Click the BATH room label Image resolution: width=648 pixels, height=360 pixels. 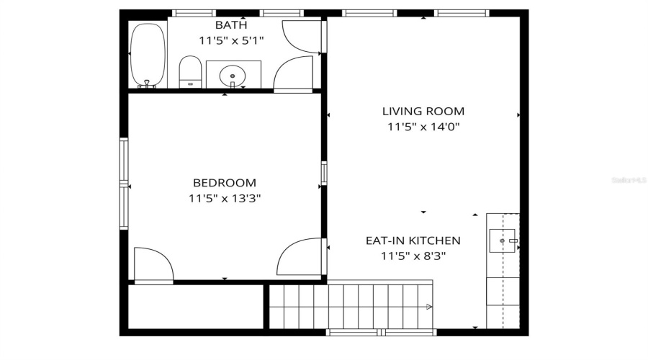click(231, 25)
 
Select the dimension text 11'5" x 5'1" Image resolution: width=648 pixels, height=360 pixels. click(231, 40)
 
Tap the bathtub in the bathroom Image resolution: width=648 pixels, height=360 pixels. click(147, 56)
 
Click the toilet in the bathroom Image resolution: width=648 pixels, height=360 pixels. click(189, 72)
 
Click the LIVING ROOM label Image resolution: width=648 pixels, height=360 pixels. click(423, 112)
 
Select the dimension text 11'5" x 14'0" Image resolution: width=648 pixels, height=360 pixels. click(423, 127)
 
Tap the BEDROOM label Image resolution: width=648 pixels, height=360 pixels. click(224, 183)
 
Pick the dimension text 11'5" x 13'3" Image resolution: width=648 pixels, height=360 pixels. click(224, 198)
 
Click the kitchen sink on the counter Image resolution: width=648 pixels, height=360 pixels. click(503, 240)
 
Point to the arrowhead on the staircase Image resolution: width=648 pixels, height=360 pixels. click(429, 307)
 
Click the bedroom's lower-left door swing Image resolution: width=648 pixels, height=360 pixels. click(153, 265)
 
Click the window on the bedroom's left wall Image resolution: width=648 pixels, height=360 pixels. click(124, 184)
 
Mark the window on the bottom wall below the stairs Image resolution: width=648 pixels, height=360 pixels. click(380, 332)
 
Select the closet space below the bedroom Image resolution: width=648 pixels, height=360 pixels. click(195, 307)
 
